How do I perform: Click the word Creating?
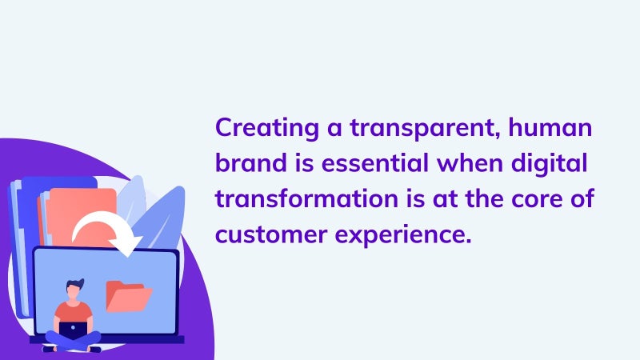point(267,129)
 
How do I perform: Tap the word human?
point(550,127)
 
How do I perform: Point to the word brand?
point(251,163)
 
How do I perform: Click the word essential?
point(375,163)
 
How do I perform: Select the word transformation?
point(306,198)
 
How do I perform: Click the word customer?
point(271,235)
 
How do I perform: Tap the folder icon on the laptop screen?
point(128,296)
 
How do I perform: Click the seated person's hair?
point(75,284)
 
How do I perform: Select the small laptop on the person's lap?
point(73,330)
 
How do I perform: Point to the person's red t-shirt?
point(74,312)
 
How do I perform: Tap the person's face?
point(74,291)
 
